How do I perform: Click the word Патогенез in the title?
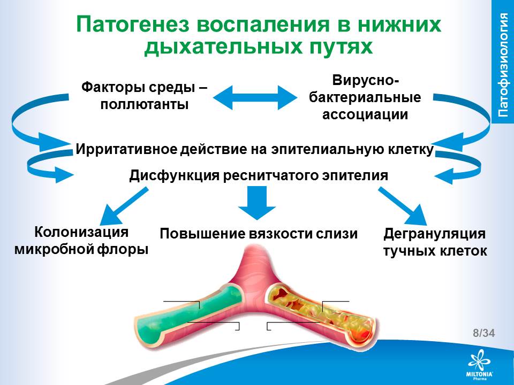[x=131, y=25]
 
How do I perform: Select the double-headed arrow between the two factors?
[x=255, y=97]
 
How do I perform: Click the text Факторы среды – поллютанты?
[x=145, y=95]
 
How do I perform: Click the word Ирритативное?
[x=124, y=149]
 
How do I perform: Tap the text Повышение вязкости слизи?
[x=259, y=234]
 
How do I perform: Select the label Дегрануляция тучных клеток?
[x=435, y=242]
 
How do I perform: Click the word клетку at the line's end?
[x=412, y=149]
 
